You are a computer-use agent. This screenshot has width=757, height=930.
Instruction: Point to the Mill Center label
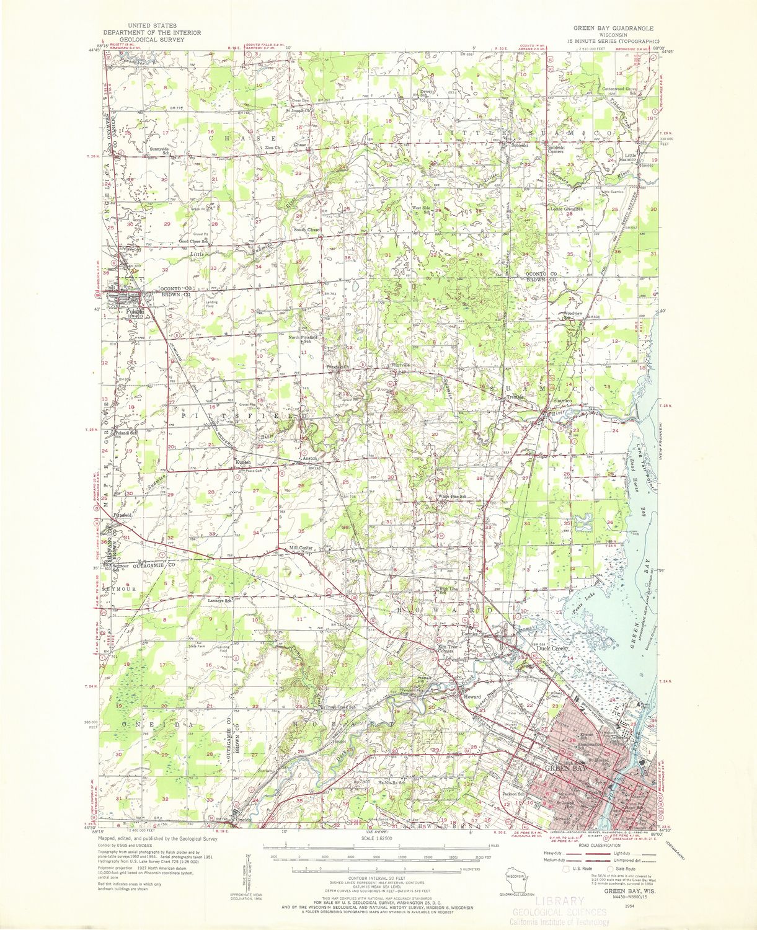point(301,548)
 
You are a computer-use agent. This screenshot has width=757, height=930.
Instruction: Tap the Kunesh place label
point(242,463)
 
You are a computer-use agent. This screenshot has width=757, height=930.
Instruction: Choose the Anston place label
point(309,459)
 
